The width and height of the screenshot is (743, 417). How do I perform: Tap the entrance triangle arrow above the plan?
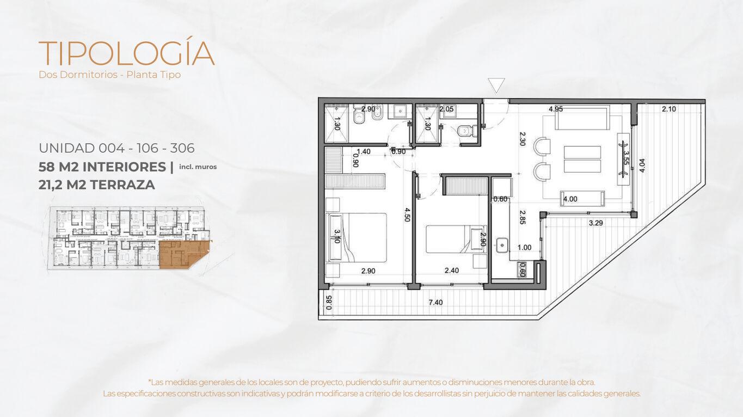496,85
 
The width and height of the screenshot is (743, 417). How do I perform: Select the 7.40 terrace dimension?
435,302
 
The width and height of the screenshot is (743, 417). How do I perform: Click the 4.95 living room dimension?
556,109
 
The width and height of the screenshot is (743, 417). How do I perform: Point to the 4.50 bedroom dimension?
408,214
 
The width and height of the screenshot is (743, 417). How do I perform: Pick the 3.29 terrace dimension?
595,223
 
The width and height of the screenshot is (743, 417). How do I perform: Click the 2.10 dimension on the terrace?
668,109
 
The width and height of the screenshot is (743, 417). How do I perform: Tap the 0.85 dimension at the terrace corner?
329,303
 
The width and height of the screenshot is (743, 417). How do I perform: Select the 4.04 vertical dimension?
642,165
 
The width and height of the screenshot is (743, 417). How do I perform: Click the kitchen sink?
502,246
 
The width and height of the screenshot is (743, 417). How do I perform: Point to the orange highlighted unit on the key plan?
184,254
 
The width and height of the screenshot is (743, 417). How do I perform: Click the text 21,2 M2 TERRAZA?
96,185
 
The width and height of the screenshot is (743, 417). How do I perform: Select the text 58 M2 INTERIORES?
102,167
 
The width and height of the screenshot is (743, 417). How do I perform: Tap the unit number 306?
182,148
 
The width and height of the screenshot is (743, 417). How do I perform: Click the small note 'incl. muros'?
198,167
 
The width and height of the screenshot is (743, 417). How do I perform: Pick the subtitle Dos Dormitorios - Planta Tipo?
110,75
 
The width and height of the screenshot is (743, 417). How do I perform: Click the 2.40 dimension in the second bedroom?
451,271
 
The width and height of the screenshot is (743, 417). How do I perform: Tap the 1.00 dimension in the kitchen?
524,247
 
